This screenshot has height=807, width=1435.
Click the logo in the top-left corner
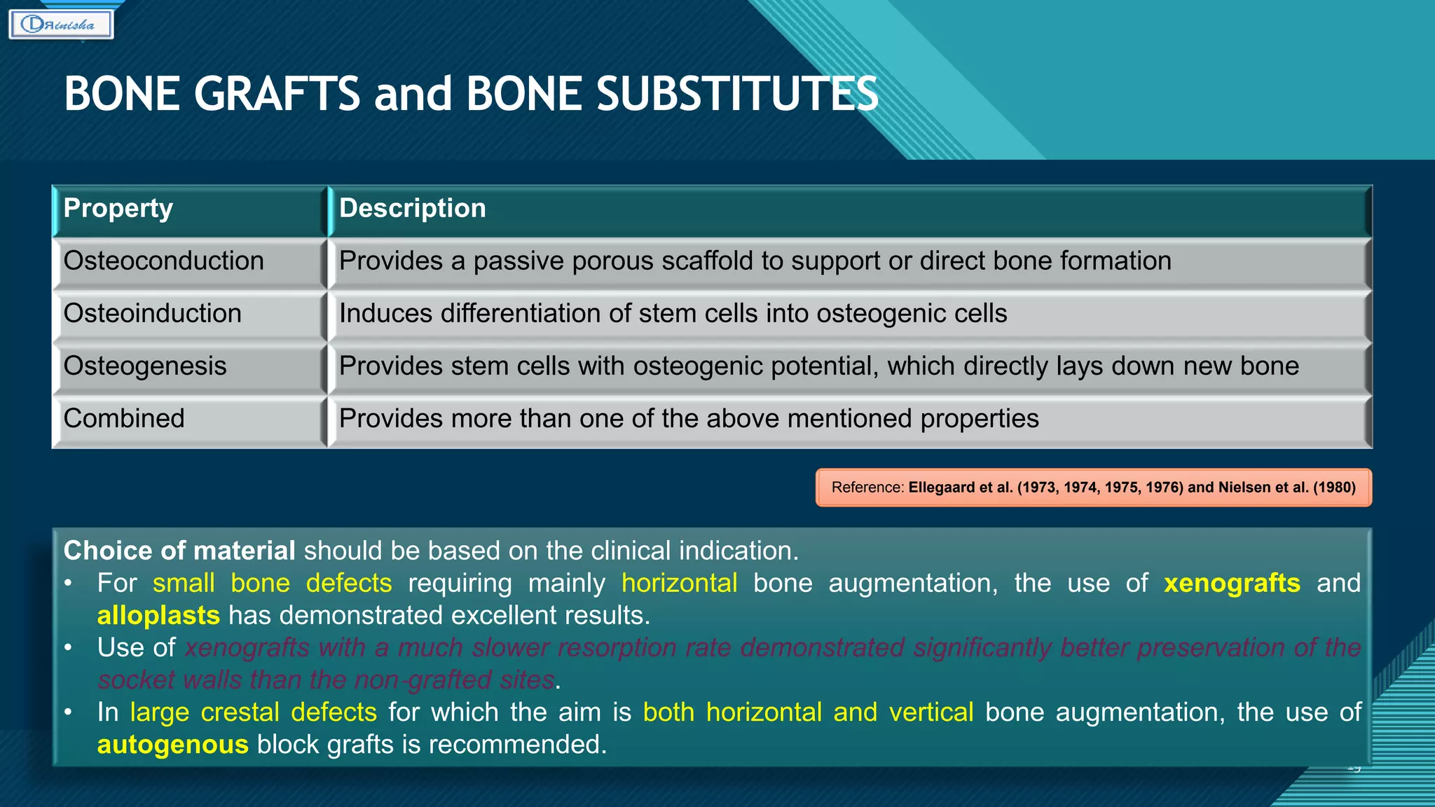(x=61, y=25)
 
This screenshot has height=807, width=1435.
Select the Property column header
(x=118, y=209)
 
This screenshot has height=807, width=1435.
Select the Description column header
(x=412, y=209)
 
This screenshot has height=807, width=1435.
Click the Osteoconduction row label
(x=164, y=261)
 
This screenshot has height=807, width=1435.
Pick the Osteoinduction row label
(x=153, y=314)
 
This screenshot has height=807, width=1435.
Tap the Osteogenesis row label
(x=145, y=366)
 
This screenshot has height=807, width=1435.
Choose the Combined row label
(x=124, y=419)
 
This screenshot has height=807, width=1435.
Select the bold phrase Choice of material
(x=179, y=551)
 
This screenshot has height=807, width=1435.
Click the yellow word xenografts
(x=1232, y=583)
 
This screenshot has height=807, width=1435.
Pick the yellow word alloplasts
(x=158, y=615)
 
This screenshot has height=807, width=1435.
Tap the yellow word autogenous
(x=172, y=744)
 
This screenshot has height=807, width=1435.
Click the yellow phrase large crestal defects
(x=254, y=712)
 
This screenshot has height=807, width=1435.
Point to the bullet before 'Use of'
(x=68, y=648)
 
